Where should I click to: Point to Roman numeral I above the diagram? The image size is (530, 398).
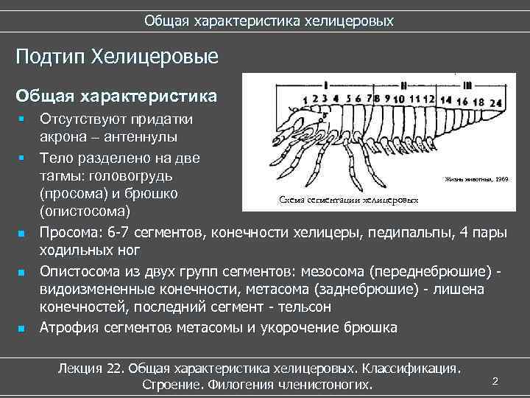[x=324, y=82]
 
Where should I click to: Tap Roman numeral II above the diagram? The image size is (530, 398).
[x=403, y=82]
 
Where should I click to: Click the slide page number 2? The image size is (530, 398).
[x=495, y=380]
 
